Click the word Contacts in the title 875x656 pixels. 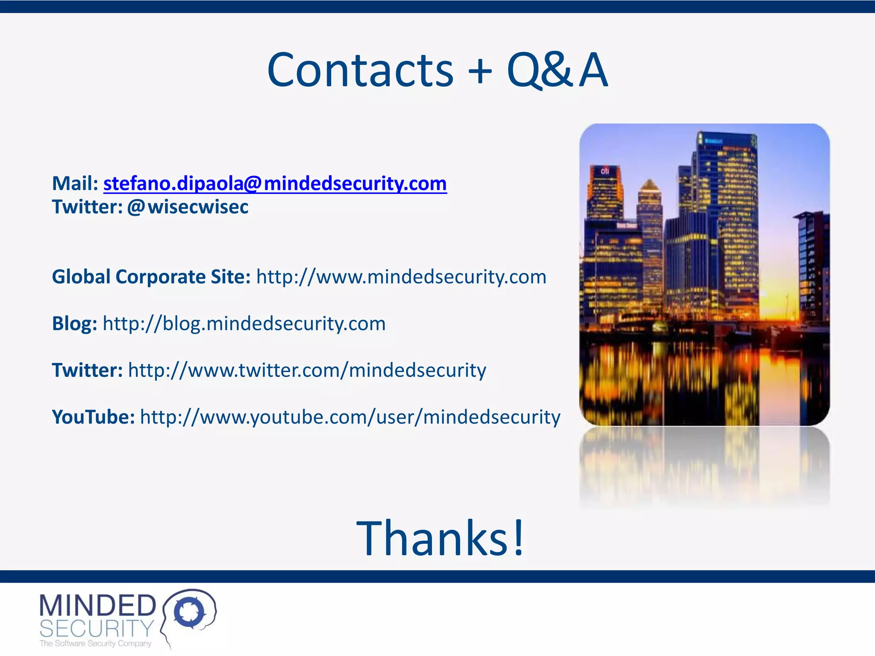pos(360,70)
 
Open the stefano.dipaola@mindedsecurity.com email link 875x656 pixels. pos(275,184)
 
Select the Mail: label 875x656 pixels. pos(75,184)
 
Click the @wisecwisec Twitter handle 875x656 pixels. pos(188,207)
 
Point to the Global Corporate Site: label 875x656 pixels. pos(151,277)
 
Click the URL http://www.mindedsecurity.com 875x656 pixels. pos(401,277)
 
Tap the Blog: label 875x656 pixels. pos(74,324)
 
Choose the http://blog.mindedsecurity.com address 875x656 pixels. pos(244,324)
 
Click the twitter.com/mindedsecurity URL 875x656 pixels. pos(307,370)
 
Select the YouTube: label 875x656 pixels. pos(93,417)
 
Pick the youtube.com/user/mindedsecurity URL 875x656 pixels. pos(350,417)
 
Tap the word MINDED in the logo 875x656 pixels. pos(97,606)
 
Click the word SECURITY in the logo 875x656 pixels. pos(97,629)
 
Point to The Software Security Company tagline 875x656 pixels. pos(95,644)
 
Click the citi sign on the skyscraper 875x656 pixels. pos(605,171)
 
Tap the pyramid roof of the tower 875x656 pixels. pos(649,185)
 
